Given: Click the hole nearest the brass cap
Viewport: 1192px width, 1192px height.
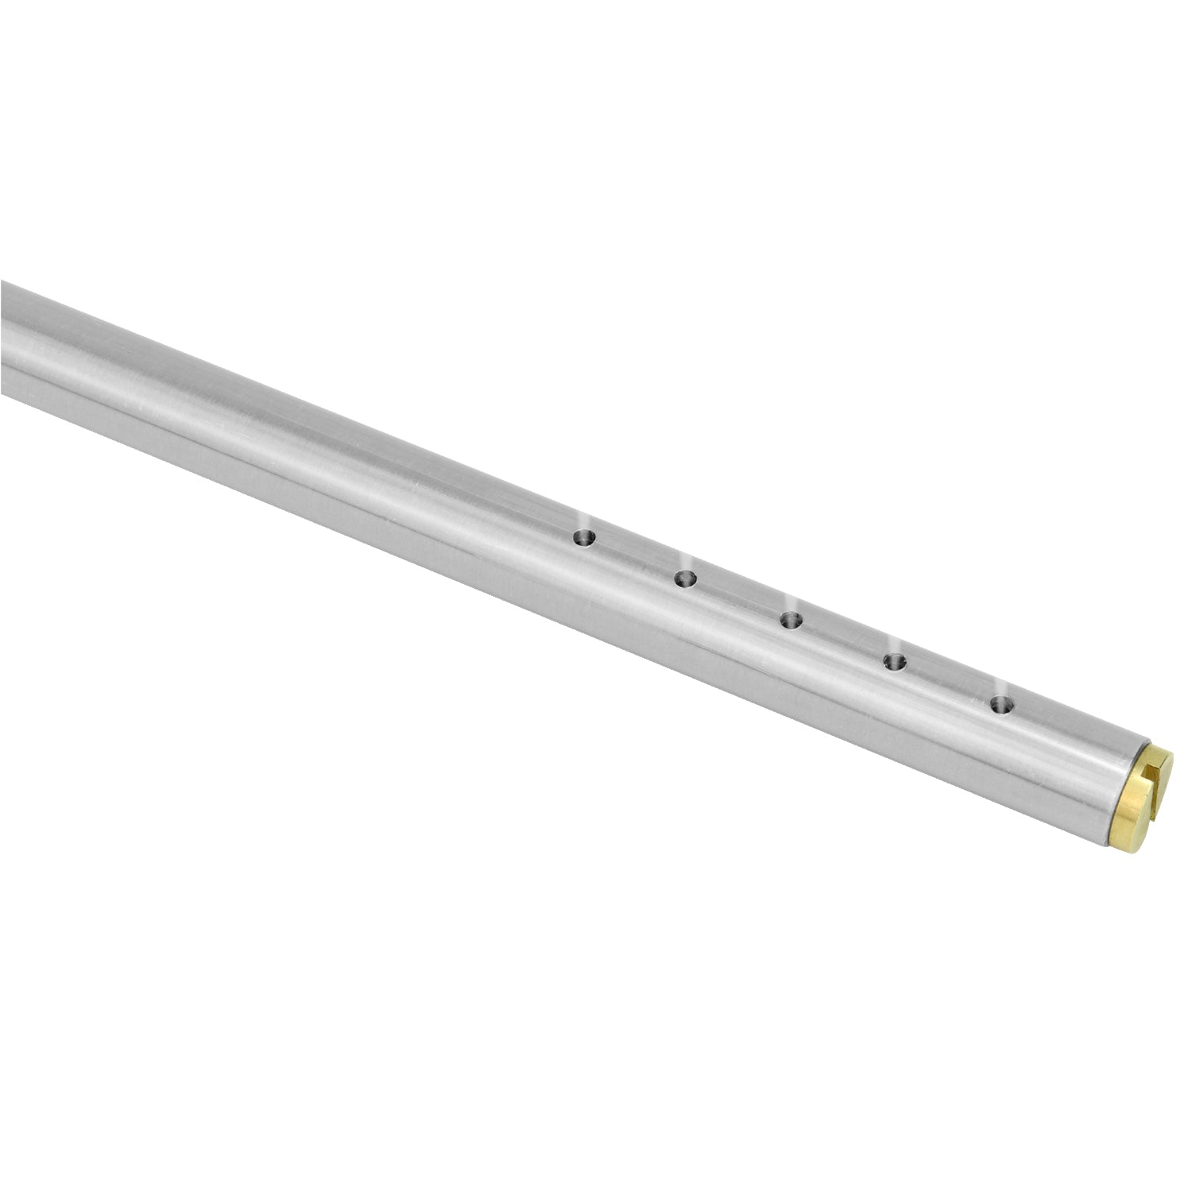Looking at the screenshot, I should (1002, 704).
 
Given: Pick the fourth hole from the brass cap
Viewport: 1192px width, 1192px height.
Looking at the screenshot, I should (685, 579).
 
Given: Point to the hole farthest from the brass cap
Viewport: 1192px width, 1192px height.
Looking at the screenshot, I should (584, 538).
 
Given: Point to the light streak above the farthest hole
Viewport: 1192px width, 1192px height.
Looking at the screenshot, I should (586, 520).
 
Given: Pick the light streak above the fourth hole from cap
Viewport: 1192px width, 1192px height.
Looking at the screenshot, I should (688, 560).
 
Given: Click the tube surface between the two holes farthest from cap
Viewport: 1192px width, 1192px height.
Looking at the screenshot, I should (634, 559).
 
